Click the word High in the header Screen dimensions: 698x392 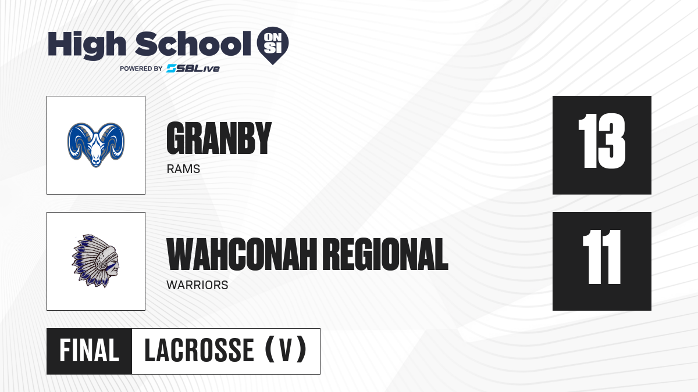(87, 45)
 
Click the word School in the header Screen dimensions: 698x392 (193, 44)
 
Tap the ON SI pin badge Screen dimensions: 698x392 (273, 45)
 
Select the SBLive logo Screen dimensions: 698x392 (193, 69)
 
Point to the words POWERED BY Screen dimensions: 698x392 (141, 69)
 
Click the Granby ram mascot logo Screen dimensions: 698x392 (96, 145)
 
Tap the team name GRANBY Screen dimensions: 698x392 (219, 138)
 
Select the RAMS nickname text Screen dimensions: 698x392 (183, 169)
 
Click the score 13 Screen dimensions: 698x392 (601, 141)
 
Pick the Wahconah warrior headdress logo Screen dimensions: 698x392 (95, 261)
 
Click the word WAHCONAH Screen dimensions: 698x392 (242, 254)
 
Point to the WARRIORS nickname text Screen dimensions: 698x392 (197, 285)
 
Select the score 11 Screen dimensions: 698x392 (601, 257)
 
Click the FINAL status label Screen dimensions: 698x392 (89, 351)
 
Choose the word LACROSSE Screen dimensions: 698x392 (199, 351)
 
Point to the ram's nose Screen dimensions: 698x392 (95, 162)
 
